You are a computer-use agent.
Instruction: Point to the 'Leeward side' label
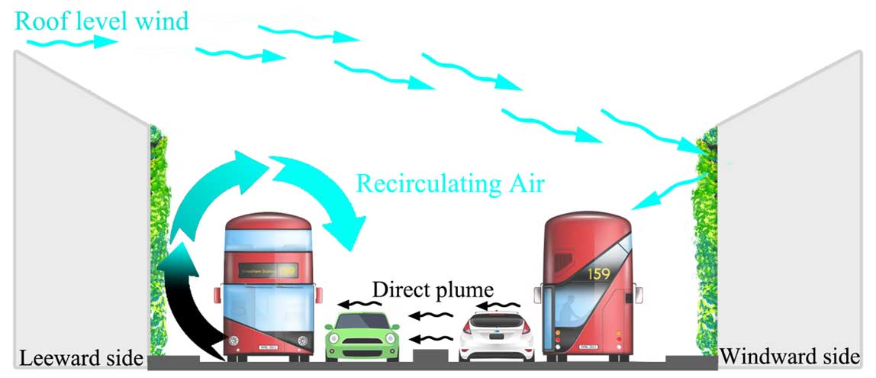(x=82, y=358)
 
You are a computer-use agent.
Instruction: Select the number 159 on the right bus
(x=598, y=273)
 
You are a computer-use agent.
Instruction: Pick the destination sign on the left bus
(x=268, y=270)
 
